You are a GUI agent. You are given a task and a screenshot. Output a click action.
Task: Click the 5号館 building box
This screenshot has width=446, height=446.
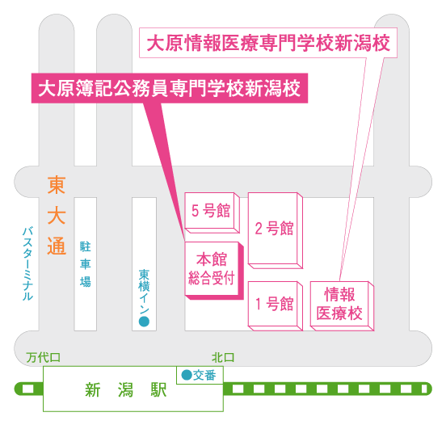(212, 212)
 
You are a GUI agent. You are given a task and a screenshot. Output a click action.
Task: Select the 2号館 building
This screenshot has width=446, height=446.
(275, 230)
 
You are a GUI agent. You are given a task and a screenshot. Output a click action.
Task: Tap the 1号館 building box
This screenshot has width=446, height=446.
(275, 305)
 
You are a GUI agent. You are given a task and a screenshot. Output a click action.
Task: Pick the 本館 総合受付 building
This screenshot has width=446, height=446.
(214, 271)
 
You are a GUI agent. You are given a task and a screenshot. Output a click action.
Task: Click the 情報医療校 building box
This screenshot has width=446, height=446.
(342, 305)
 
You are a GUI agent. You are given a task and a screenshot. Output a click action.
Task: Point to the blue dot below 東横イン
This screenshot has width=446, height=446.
(144, 322)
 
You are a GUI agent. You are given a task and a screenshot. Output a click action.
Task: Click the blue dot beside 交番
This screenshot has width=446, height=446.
(187, 375)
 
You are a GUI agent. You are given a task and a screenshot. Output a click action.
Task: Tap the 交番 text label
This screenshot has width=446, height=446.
(204, 375)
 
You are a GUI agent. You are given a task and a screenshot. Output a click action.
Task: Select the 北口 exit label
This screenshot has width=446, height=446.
(223, 358)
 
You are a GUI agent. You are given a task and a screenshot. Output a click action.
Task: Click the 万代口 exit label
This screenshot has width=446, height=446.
(44, 358)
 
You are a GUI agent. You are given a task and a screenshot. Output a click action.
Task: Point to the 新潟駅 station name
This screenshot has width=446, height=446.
(126, 389)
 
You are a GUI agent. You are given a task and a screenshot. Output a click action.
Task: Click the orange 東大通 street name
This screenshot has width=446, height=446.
(57, 215)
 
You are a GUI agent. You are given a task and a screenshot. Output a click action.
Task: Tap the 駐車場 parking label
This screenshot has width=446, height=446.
(86, 264)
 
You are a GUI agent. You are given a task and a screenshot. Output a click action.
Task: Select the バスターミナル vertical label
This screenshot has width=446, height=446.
(27, 263)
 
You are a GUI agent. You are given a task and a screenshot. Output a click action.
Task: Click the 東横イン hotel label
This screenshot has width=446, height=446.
(144, 291)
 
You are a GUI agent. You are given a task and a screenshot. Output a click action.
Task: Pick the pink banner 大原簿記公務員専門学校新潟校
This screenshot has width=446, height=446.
(170, 88)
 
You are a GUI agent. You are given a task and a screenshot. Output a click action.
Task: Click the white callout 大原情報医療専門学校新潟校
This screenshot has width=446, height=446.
(268, 43)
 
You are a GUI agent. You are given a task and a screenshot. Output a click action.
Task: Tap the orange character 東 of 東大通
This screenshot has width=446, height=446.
(57, 185)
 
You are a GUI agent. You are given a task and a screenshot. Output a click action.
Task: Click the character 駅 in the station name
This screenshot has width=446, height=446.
(158, 389)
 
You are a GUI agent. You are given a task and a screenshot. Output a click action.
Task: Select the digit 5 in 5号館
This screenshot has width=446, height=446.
(196, 211)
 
